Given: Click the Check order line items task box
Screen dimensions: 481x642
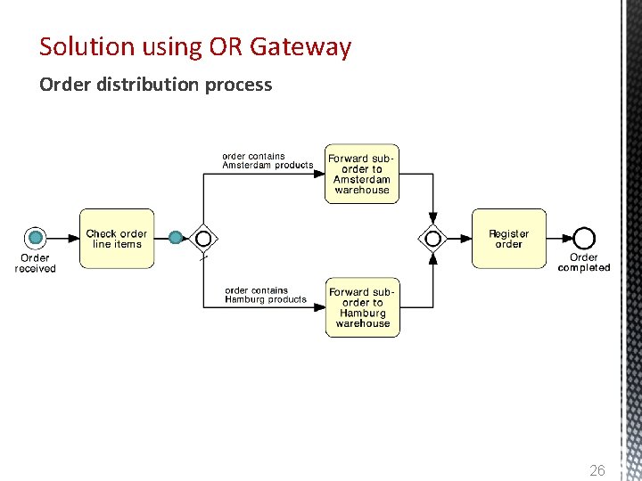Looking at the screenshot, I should click(117, 239).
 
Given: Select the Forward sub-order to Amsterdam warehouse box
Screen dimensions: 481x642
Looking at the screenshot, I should click(362, 174).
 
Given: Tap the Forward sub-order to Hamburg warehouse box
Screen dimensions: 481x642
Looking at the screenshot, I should click(362, 307).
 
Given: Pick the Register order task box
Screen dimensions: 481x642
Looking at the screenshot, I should click(508, 239).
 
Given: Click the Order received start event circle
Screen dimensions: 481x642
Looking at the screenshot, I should click(36, 237).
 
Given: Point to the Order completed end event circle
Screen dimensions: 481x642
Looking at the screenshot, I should click(584, 237).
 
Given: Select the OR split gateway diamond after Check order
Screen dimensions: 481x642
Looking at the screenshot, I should click(204, 238).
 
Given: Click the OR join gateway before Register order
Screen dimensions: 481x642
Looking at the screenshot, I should click(433, 238).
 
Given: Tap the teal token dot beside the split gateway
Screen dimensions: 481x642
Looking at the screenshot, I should click(177, 237).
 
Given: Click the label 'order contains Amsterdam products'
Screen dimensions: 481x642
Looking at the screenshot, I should click(267, 160).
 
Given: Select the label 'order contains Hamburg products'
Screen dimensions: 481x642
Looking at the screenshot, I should click(266, 295).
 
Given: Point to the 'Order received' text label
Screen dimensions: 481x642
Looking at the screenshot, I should click(36, 263).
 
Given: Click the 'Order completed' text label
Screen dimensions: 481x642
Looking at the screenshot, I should click(584, 263).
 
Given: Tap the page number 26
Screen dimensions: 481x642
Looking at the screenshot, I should click(597, 469).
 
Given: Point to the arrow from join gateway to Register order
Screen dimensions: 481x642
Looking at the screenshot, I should click(457, 238).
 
